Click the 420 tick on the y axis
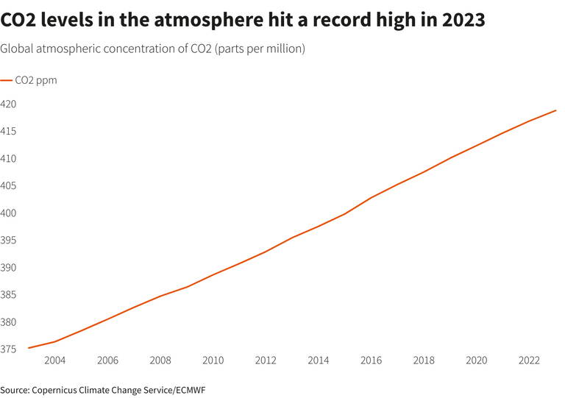[8, 104]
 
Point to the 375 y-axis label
[8, 349]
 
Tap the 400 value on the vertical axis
[8, 213]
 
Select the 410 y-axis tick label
[8, 159]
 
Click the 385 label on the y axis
[8, 295]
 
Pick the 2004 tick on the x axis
[54, 360]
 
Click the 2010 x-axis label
[213, 360]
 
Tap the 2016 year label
[372, 360]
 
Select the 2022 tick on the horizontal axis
[530, 360]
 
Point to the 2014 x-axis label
[319, 360]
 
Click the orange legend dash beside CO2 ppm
[6, 81]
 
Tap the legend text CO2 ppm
[36, 81]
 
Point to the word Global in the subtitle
[16, 49]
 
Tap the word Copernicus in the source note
[56, 389]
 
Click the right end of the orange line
[556, 110]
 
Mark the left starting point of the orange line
[28, 348]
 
